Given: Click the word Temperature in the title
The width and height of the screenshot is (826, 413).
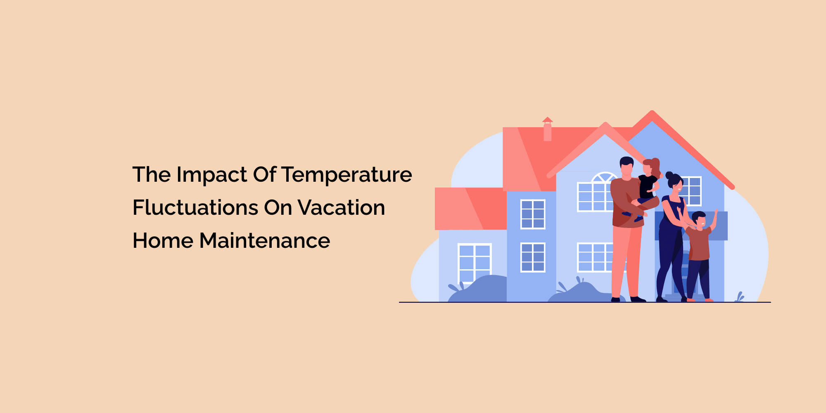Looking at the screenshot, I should pyautogui.click(x=347, y=175).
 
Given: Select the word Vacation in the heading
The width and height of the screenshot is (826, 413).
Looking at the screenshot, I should pyautogui.click(x=341, y=208).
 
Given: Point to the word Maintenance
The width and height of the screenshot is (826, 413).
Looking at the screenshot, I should pyautogui.click(x=265, y=241).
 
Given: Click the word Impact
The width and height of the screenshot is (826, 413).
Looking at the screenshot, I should pyautogui.click(x=212, y=175).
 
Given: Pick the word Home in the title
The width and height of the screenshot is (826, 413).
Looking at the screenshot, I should pyautogui.click(x=163, y=241).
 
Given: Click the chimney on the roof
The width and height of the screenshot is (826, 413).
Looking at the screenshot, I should pyautogui.click(x=548, y=130).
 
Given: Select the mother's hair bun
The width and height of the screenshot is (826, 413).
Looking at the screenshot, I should pyautogui.click(x=669, y=175).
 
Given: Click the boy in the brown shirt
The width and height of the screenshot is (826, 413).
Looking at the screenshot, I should pyautogui.click(x=698, y=244).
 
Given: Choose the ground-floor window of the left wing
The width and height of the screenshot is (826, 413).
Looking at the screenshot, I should pyautogui.click(x=475, y=263).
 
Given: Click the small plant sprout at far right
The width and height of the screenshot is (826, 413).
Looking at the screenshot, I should pyautogui.click(x=740, y=297).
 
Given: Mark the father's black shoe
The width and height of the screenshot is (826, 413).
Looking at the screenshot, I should pyautogui.click(x=638, y=299).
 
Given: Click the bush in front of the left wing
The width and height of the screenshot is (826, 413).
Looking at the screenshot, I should pyautogui.click(x=479, y=289).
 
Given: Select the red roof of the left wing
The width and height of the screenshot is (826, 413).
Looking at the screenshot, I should pyautogui.click(x=471, y=209).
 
